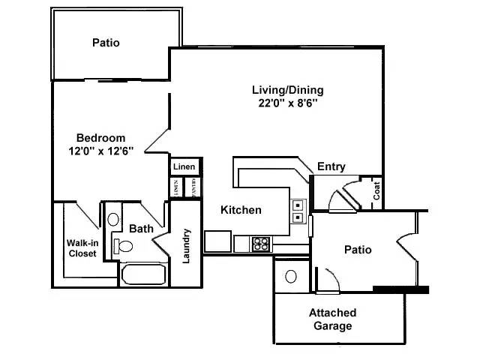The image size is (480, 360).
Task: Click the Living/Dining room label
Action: click(x=287, y=90)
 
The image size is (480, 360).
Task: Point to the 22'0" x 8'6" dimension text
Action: click(x=287, y=104)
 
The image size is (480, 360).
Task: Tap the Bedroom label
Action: click(x=100, y=137)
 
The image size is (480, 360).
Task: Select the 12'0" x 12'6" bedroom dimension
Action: click(x=100, y=151)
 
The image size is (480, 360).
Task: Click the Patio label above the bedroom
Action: click(x=106, y=43)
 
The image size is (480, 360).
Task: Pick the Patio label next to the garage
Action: click(x=358, y=249)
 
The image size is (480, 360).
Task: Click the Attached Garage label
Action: click(x=332, y=319)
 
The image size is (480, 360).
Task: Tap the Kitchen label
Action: click(x=241, y=210)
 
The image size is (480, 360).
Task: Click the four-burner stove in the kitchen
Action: click(x=261, y=243)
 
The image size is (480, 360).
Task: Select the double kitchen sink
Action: click(x=298, y=211)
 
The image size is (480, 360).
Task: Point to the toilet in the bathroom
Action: click(x=124, y=246)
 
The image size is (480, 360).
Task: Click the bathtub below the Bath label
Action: click(x=143, y=274)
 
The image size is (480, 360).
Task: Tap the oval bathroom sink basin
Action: click(x=113, y=220)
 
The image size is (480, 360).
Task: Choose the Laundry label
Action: click(x=187, y=245)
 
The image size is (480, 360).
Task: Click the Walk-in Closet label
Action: click(x=82, y=248)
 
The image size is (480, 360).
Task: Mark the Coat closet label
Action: click(x=376, y=191)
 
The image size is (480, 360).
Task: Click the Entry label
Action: click(x=331, y=166)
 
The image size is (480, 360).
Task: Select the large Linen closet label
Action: click(x=184, y=166)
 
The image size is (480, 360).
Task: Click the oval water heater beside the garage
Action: click(x=291, y=276)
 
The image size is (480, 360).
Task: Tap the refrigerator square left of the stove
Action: click(x=218, y=241)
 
